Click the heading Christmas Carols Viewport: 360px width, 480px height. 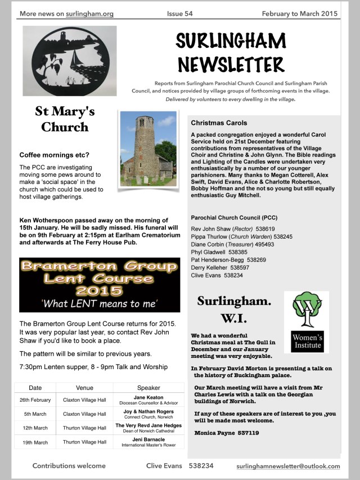(x=219, y=123)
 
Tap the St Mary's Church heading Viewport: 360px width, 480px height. (x=64, y=118)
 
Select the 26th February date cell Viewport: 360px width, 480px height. (x=35, y=400)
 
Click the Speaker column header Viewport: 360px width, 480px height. (x=148, y=388)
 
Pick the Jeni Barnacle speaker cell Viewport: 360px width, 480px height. (x=148, y=442)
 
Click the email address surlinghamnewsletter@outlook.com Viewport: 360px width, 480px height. (x=288, y=466)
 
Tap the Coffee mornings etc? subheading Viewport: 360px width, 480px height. (x=54, y=155)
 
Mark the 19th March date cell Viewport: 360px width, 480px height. (x=35, y=442)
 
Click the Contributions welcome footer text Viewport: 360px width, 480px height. (x=69, y=466)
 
